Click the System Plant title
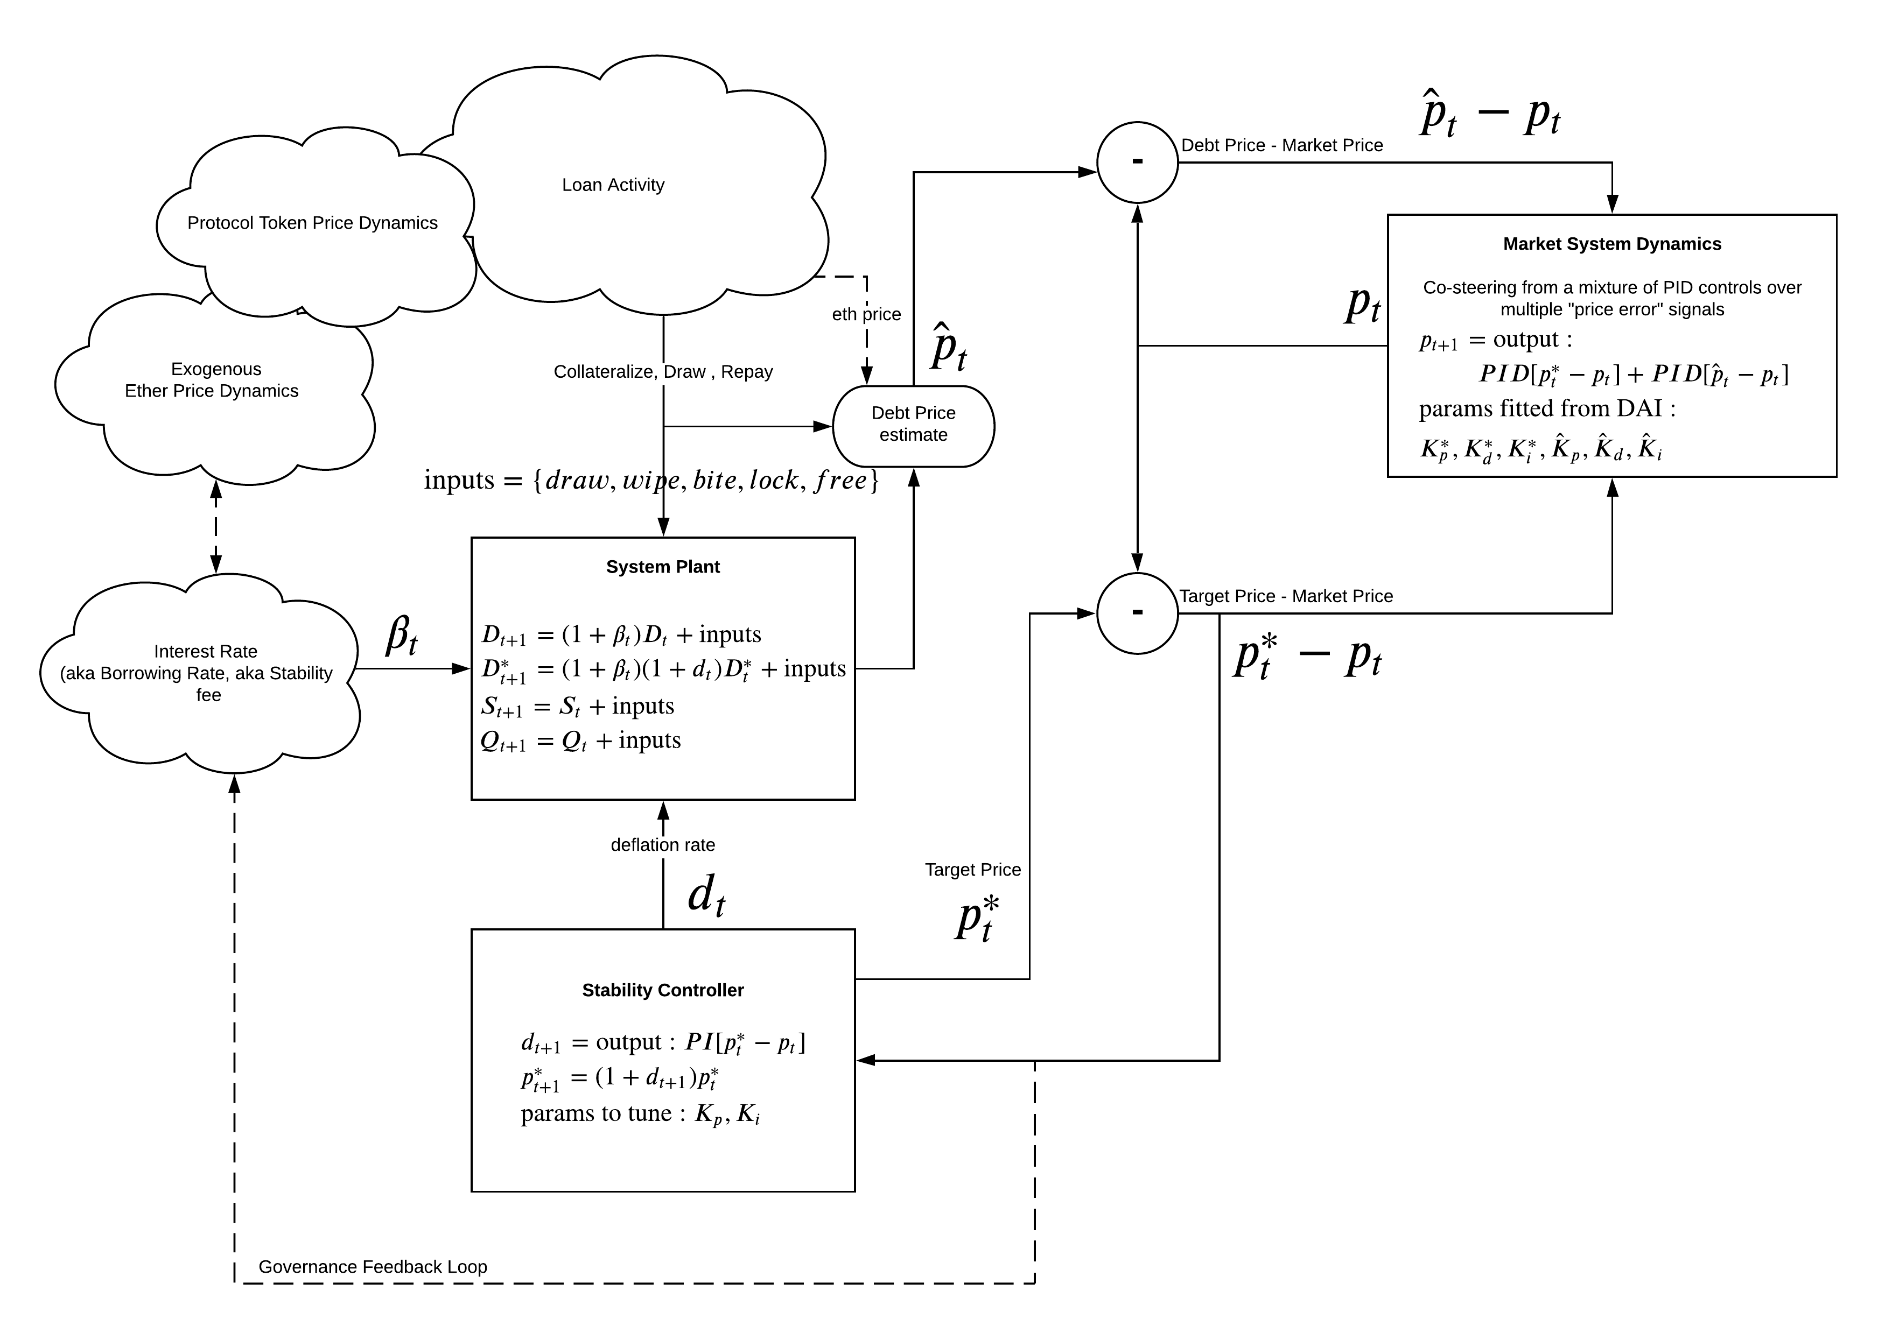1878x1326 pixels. pos(663,567)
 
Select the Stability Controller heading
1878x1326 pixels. pos(663,991)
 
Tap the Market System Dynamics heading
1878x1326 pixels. pos(1611,244)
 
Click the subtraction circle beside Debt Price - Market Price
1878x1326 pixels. pos(1137,163)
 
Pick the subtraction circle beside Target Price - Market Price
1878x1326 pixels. pos(1137,613)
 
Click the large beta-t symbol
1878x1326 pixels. pos(402,635)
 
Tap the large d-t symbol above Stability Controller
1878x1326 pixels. pos(706,896)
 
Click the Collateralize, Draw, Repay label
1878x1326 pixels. pos(663,372)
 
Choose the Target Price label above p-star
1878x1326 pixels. pos(972,870)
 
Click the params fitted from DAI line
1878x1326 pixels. pos(1547,409)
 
